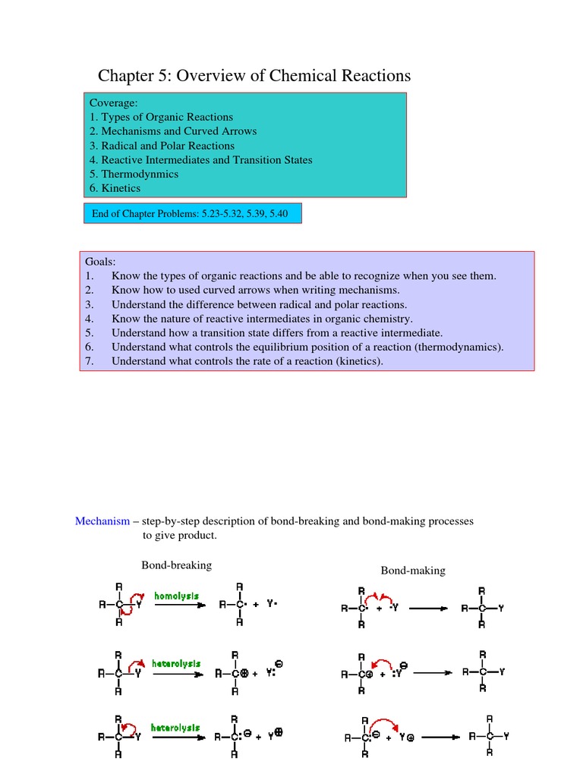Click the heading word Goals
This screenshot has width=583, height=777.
pos(100,262)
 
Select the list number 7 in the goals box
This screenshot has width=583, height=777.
pos(89,361)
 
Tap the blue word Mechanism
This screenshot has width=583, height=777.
pos(102,521)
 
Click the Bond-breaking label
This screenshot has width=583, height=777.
pos(176,565)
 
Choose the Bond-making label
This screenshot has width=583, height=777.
pos(413,571)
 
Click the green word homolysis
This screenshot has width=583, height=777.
pos(176,596)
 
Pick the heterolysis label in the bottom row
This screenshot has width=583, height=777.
pos(175,728)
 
